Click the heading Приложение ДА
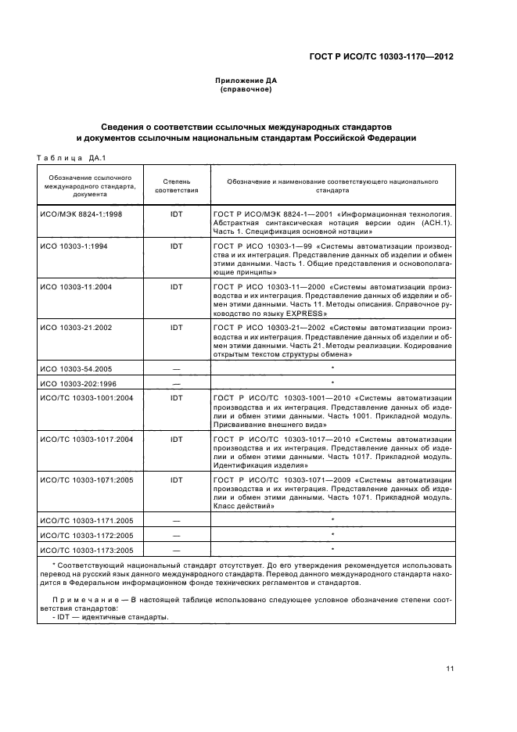click(x=246, y=81)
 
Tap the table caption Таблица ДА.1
click(x=66, y=158)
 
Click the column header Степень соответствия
click(x=177, y=185)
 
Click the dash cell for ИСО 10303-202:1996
click(x=177, y=383)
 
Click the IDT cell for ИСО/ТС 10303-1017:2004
click(x=177, y=440)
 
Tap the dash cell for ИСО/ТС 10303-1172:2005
click(x=177, y=535)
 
